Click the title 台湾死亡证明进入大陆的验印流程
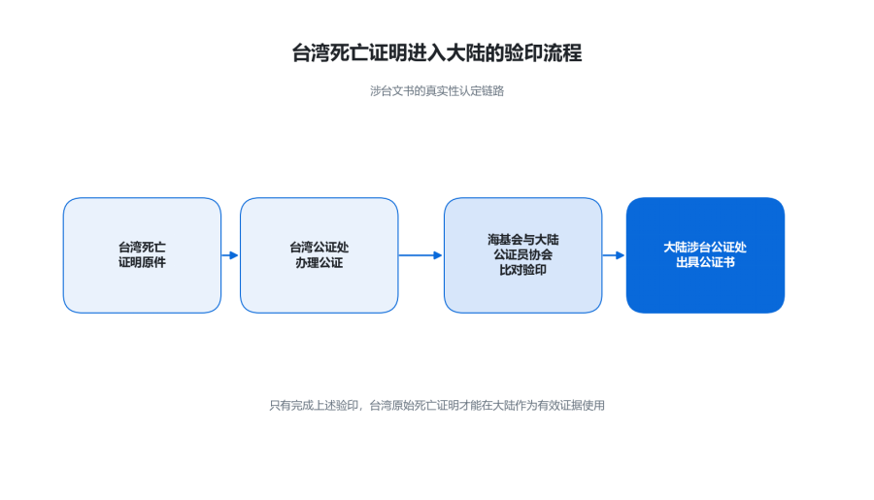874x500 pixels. coord(437,53)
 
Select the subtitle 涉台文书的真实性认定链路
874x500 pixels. coord(437,91)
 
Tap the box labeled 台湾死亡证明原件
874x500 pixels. coord(142,255)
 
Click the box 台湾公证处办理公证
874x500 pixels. coord(319,255)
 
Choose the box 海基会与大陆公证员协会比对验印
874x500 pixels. coord(522,255)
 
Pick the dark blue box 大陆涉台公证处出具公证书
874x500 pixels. coord(705,255)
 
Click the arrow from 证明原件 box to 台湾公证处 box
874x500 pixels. coord(230,255)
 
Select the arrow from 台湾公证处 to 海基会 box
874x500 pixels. coord(420,255)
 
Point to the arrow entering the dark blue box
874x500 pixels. coord(614,255)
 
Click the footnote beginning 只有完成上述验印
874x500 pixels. coord(437,406)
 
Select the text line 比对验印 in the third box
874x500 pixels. coord(522,270)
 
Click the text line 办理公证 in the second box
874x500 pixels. coord(319,262)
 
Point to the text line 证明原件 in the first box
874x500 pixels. coord(142,262)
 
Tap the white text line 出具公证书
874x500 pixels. coord(705,262)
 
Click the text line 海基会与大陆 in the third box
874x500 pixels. coord(522,240)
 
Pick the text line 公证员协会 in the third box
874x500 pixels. coord(522,254)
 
